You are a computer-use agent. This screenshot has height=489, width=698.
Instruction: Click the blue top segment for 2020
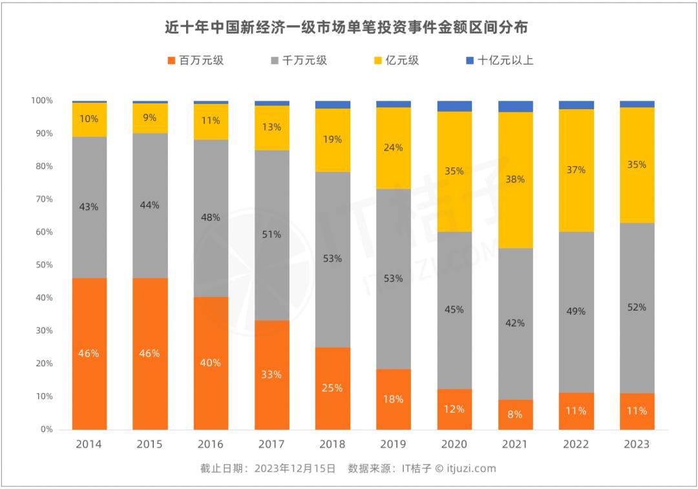tap(454, 106)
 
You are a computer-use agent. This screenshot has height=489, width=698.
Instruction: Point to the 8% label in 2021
tap(515, 415)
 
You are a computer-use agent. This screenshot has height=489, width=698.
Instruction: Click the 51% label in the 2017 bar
tap(272, 234)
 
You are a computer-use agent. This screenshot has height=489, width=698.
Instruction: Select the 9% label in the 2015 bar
tap(150, 118)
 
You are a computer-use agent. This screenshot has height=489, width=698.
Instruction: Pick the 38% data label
tap(515, 180)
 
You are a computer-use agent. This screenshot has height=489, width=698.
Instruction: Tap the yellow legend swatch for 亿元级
tap(379, 61)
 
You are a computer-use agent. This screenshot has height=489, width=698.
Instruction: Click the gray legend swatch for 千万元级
tap(275, 61)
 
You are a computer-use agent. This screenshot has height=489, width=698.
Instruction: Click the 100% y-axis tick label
tap(41, 101)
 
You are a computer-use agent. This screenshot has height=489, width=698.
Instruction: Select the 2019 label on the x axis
tap(393, 444)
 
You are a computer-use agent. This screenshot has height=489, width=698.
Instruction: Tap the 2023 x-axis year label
tap(637, 444)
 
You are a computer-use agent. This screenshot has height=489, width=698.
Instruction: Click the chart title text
tap(348, 28)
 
